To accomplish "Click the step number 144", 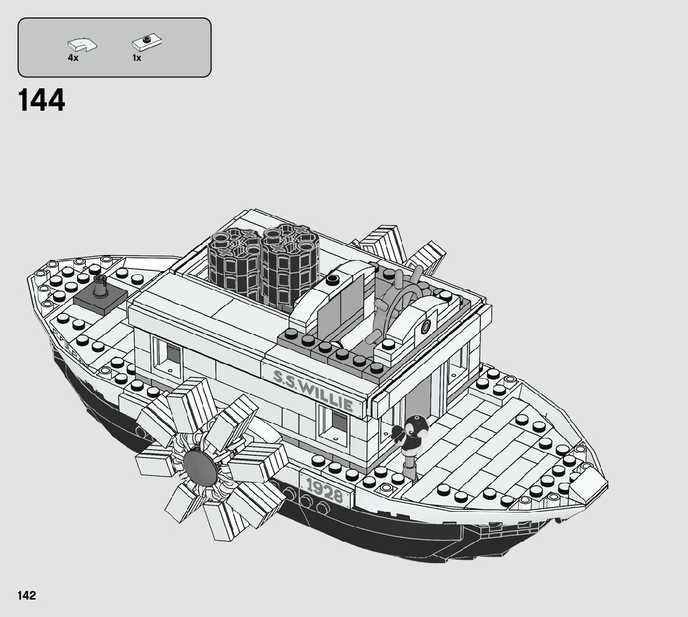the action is pyautogui.click(x=42, y=101).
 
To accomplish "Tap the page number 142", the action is pyautogui.click(x=27, y=595).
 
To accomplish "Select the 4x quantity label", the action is pyautogui.click(x=73, y=58).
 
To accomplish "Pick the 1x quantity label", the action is pyautogui.click(x=137, y=58).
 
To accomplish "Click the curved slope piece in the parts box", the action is pyautogui.click(x=81, y=44).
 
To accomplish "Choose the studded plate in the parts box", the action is pyautogui.click(x=147, y=43).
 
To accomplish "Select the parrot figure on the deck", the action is pyautogui.click(x=410, y=434).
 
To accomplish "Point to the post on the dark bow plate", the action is pyautogui.click(x=100, y=287).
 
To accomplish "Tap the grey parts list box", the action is pyautogui.click(x=114, y=47).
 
